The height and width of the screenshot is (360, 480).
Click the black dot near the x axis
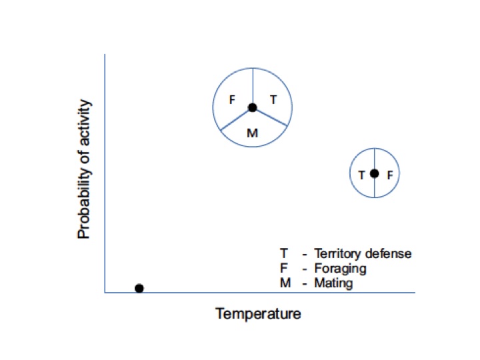pos(139,288)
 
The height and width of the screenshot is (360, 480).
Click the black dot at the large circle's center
pos(252,107)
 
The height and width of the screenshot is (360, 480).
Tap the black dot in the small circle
pos(375,173)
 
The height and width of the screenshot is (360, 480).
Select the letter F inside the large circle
pos(232,100)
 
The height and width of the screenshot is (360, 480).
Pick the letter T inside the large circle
pos(273,99)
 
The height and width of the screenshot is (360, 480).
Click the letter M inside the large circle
pos(252,133)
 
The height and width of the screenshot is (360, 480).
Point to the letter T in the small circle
pos(361,175)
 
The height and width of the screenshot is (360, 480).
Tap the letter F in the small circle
pos(390,175)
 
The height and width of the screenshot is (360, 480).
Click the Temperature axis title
pos(258,313)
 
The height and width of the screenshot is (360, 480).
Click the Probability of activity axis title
pos(84,169)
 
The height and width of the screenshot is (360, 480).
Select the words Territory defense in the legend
pos(363,254)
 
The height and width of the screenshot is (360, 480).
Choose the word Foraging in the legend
pos(340,269)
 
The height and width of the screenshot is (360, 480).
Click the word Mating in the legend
pos(333,283)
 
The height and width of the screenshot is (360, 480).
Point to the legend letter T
pos(283,254)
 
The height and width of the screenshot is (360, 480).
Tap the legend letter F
pos(283,269)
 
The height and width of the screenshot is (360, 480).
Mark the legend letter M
pos(284,283)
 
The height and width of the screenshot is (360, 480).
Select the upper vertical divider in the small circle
pos(375,159)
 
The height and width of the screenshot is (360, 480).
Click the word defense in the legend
pos(389,254)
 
